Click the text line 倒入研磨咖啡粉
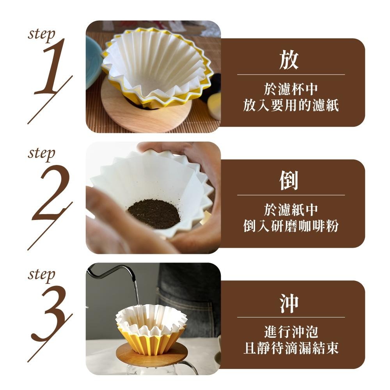click(x=291, y=226)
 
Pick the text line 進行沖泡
click(x=291, y=332)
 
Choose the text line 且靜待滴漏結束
click(x=291, y=347)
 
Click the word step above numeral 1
click(x=41, y=35)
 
